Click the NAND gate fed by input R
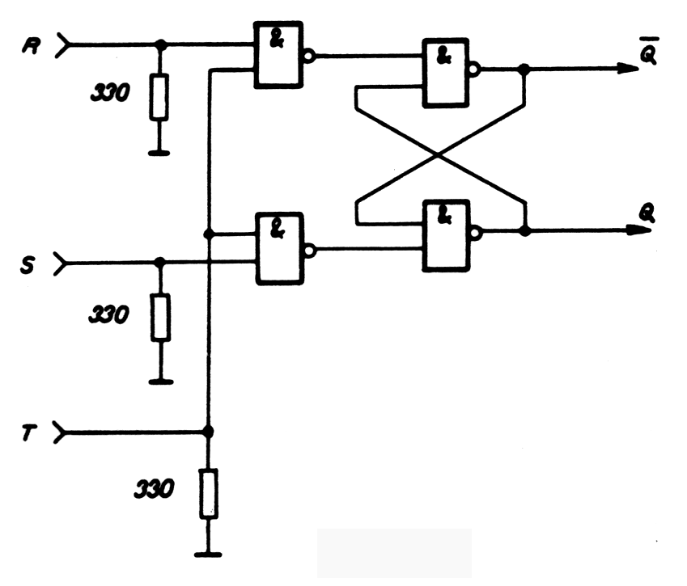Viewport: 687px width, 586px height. point(278,55)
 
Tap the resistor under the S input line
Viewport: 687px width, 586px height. point(159,317)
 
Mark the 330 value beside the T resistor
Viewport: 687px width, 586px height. point(154,490)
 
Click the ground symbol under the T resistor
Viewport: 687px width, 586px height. point(208,554)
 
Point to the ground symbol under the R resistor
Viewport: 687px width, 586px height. point(159,151)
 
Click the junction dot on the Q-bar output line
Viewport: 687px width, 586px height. point(524,70)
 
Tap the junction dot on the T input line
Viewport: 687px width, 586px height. point(208,432)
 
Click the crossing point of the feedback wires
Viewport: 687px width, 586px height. point(439,154)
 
